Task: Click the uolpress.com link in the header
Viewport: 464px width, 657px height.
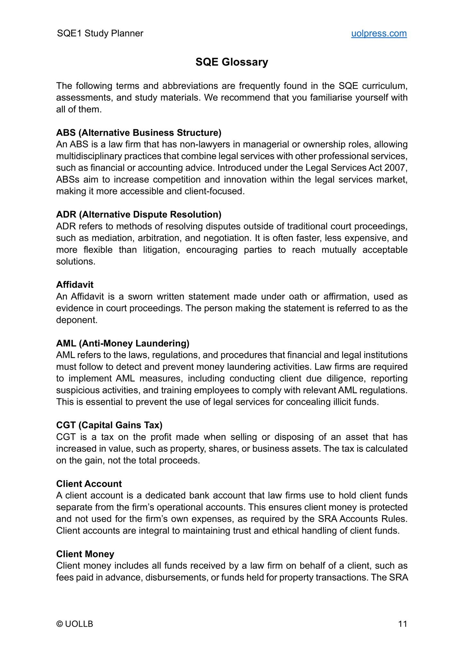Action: pos(379,33)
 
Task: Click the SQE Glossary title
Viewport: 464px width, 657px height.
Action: pos(232,62)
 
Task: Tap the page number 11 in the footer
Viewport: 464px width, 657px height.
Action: pos(402,624)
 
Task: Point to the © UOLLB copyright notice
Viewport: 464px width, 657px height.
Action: pos(74,624)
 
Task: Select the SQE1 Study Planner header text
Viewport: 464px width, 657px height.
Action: pos(100,33)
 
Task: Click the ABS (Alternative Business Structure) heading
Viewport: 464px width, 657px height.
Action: pos(139,133)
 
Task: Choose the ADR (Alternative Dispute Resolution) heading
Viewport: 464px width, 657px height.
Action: pos(139,214)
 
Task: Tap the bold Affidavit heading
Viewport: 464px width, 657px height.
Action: pos(75,285)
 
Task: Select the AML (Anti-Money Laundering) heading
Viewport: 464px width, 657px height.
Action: pos(123,343)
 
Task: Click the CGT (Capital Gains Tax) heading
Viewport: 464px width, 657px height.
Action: pos(109,425)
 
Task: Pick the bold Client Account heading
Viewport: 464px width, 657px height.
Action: pos(89,484)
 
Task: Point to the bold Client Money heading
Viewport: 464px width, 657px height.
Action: pos(85,554)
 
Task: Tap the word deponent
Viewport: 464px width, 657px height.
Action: pos(76,320)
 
